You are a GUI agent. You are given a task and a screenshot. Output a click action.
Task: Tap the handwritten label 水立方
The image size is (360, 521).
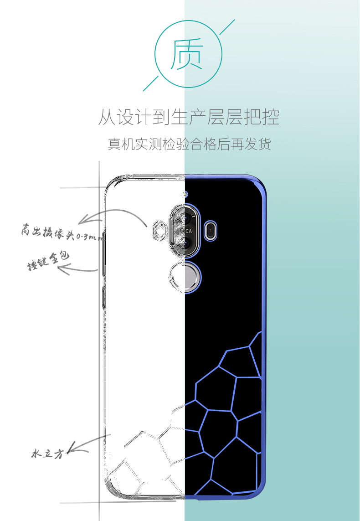pos(47,453)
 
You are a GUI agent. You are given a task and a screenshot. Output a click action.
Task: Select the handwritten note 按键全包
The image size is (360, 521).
pos(48,260)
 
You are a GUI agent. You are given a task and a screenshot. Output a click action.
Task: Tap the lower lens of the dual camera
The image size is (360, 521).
pos(185,242)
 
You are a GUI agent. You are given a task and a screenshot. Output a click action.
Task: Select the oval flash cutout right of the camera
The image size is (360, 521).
pos(211,230)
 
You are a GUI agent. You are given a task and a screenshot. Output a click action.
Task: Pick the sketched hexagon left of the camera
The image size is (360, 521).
pos(159,230)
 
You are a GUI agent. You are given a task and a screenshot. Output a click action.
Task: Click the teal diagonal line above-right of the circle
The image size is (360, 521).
pos(227,27)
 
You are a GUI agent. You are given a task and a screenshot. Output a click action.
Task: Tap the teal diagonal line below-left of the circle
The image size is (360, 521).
pos(150,83)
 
